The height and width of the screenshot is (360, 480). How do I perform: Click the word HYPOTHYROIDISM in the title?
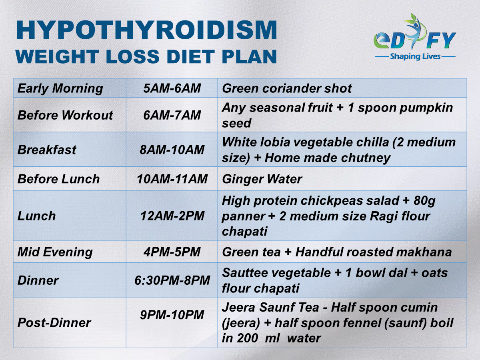pos(147,30)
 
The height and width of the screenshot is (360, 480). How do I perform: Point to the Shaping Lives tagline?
pos(415,56)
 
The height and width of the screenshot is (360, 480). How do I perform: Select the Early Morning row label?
pos(60,88)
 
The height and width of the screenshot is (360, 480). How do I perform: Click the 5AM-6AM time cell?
pos(172,88)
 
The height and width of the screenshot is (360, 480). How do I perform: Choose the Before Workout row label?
pos(65,115)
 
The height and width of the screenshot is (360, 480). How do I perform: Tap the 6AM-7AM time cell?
pos(172,115)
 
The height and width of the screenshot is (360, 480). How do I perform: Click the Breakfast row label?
pos(47,150)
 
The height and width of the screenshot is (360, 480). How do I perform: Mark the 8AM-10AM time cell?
pos(172,150)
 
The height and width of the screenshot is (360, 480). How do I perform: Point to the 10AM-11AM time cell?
pos(172,179)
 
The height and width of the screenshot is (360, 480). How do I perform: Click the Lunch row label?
pos(36,216)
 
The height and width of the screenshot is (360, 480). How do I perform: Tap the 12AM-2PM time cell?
pos(172,216)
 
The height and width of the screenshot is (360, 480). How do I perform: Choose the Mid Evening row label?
pos(55,252)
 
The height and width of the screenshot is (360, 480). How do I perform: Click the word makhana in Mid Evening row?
pos(424,252)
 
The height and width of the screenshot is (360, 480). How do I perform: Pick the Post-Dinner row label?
pos(54,323)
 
